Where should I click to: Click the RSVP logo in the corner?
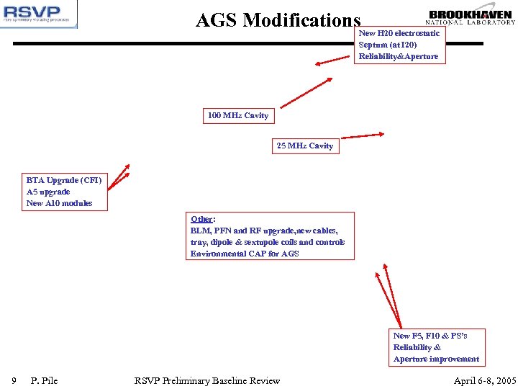[x=39, y=14]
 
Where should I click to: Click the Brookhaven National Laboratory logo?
[x=472, y=17]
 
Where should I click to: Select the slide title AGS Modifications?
[x=278, y=20]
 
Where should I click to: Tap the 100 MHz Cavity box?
[x=237, y=115]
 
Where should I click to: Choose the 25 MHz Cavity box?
[x=305, y=146]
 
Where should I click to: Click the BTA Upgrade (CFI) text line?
[x=64, y=180]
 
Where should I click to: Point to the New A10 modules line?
[x=59, y=203]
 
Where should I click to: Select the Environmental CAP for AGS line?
[x=245, y=254]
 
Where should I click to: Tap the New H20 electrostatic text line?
[x=399, y=33]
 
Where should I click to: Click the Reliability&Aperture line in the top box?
[x=398, y=56]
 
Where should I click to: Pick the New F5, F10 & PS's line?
[x=430, y=336]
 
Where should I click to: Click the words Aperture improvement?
[x=436, y=359]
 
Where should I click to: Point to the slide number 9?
[x=14, y=380]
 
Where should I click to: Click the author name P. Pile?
[x=45, y=380]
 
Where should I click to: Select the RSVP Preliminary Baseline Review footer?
[x=207, y=380]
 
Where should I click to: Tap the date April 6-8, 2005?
[x=484, y=380]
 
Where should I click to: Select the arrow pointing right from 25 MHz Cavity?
[x=363, y=135]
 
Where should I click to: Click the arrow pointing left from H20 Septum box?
[x=332, y=61]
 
